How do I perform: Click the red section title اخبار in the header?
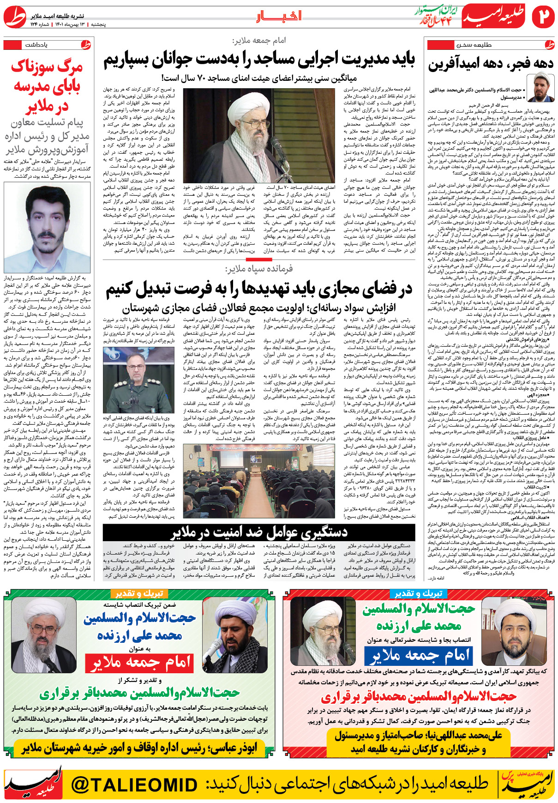click(279, 17)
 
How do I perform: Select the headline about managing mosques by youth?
click(259, 59)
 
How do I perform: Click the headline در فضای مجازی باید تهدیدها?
click(259, 290)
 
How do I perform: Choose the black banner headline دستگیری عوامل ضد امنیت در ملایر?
click(259, 532)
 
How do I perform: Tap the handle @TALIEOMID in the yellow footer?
click(134, 784)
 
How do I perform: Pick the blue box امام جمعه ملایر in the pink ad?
click(419, 655)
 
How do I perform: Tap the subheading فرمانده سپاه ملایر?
click(259, 269)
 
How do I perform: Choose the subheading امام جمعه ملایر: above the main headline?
click(259, 41)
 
